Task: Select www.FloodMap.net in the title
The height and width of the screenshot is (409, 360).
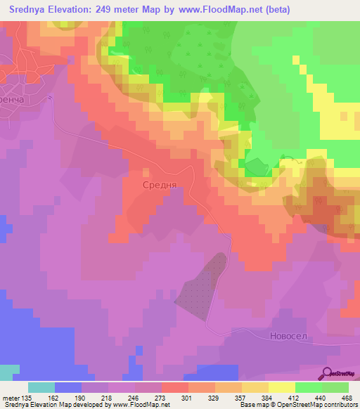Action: (x=217, y=9)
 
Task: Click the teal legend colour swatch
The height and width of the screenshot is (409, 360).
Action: (x=41, y=387)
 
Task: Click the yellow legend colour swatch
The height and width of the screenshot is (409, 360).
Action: (x=281, y=387)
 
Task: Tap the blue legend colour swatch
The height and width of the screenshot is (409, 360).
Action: (x=67, y=387)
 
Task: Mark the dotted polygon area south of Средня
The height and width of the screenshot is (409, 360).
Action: (x=201, y=282)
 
